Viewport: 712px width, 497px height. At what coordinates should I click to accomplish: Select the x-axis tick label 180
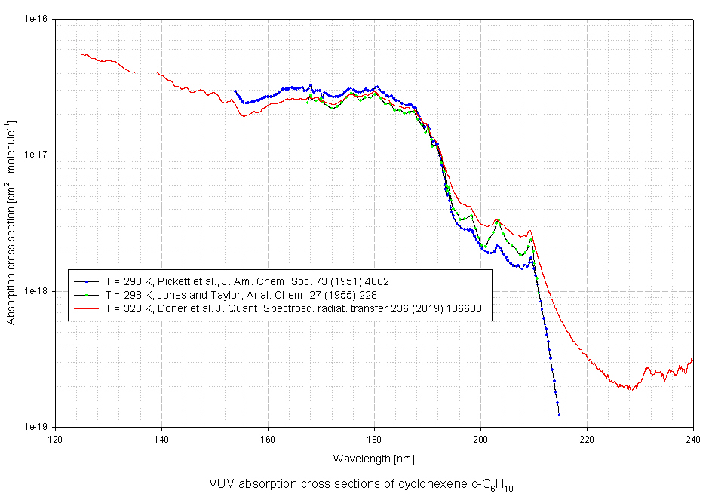(374, 438)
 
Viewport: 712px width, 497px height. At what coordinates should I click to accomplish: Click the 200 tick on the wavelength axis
(480, 438)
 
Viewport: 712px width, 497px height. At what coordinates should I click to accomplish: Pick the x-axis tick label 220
(587, 438)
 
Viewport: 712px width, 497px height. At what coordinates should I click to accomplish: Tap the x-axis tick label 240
(693, 438)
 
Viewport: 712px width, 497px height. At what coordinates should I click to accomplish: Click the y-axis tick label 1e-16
(35, 19)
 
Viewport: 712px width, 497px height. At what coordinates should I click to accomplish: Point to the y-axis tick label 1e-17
(35, 155)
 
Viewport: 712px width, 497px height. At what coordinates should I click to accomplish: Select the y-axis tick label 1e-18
(35, 290)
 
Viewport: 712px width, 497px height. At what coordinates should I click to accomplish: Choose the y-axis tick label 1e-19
(35, 426)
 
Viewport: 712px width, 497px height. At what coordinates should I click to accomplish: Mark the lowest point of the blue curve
(559, 415)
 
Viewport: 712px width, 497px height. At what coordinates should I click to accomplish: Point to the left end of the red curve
(81, 54)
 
